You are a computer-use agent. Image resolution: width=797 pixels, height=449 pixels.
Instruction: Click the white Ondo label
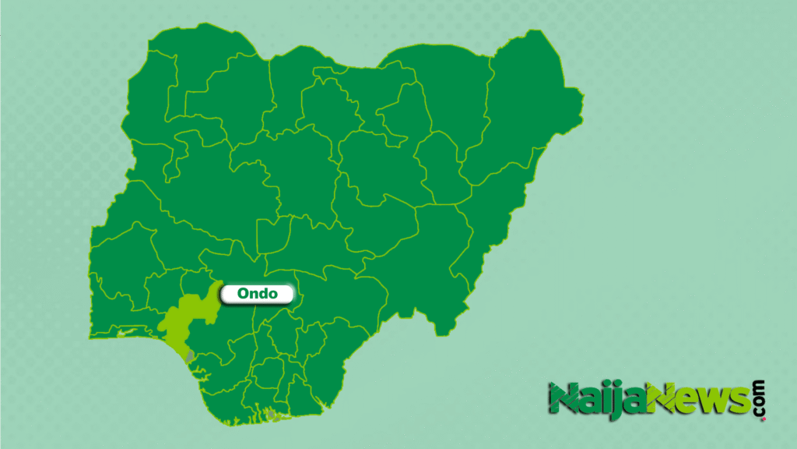[257, 294]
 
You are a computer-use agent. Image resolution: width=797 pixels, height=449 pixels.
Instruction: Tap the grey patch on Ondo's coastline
[190, 355]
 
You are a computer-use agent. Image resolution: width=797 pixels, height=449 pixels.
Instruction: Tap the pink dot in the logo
[762, 419]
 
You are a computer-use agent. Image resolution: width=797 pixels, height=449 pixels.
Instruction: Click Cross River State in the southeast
[342, 351]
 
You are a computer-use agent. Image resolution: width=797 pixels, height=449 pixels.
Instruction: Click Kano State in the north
[327, 109]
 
